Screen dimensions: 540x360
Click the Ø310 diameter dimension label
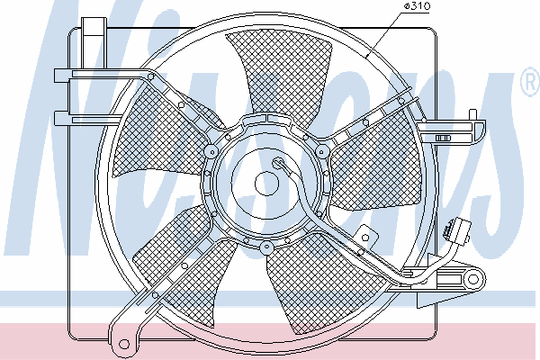pos(417,6)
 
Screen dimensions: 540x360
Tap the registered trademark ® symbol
pos(530,83)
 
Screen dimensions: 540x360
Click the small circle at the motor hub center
pos(266,184)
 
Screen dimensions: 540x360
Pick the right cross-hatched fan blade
pos(375,162)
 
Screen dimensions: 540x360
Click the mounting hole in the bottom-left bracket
pos(123,344)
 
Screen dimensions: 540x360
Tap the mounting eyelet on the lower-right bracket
pos(473,279)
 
